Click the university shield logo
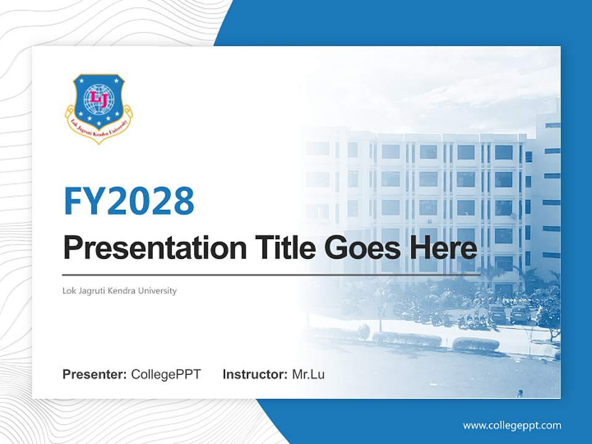coord(99,106)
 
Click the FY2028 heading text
coord(129,201)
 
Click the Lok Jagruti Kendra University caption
coord(120,290)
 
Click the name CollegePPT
coord(166,374)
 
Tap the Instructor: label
coord(255,374)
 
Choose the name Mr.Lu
coord(308,374)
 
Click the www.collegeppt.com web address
coord(512,425)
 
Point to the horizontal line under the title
coord(271,275)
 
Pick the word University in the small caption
coord(160,290)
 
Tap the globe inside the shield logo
coord(99,99)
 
